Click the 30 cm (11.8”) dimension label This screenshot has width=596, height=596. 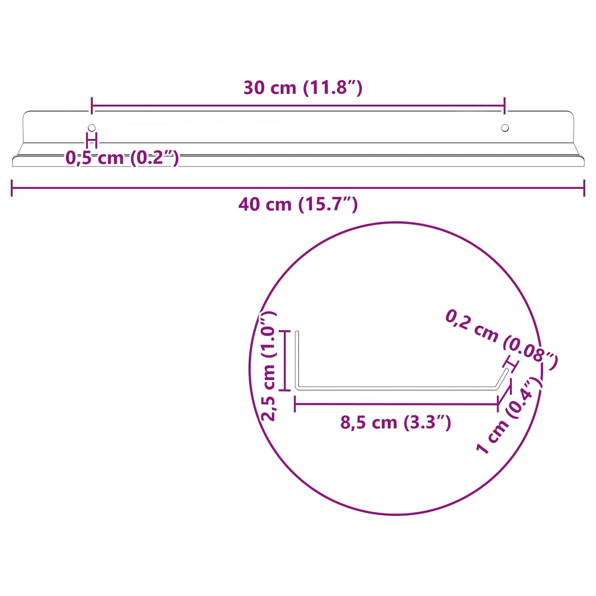303,88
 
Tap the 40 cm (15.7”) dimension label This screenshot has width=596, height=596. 298,205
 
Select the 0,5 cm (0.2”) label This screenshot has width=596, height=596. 122,158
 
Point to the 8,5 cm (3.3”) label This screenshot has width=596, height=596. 396,422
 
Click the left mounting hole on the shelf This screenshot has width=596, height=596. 92,128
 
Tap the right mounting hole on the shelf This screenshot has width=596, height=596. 505,128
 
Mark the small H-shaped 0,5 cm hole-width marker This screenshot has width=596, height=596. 92,140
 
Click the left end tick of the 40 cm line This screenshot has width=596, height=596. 12,188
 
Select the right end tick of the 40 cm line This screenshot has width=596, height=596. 584,188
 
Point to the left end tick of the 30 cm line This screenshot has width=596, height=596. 92,106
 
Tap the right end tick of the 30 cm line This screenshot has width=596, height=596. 505,106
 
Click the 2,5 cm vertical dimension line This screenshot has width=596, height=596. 285,360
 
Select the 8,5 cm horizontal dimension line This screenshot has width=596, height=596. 396,404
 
